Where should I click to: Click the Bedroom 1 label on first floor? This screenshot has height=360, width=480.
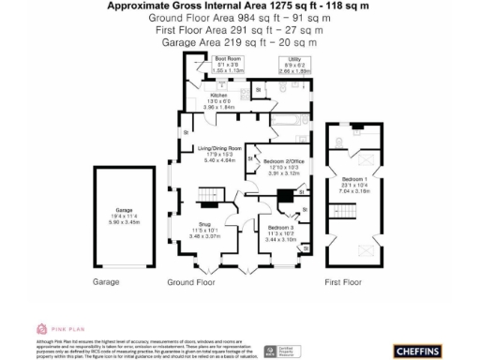click(x=352, y=182)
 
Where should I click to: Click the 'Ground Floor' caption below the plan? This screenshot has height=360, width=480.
click(x=190, y=281)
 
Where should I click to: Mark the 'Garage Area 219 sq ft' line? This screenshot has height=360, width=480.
click(x=240, y=42)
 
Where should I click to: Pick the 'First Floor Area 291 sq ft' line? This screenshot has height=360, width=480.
click(x=239, y=30)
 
